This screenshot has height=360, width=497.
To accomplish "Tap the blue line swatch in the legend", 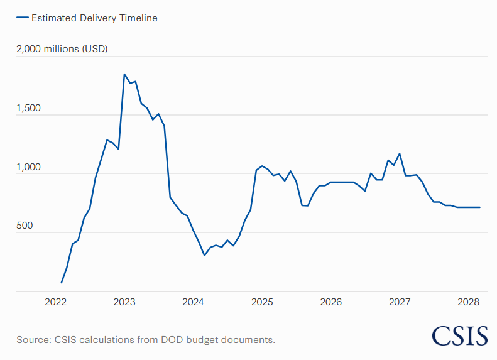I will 22,18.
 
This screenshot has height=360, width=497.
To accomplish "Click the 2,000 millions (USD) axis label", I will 62,49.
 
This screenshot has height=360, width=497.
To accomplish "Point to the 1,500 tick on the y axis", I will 29,108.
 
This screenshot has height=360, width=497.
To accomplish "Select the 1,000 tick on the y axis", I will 29,167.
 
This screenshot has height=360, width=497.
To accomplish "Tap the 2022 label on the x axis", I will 55,302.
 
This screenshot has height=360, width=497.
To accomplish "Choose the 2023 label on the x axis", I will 124,302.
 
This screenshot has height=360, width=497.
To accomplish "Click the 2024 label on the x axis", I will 193,302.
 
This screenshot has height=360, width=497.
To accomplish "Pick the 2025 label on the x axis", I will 262,302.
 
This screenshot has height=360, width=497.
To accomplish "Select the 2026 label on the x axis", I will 330,302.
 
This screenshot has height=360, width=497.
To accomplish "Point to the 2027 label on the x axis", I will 400,302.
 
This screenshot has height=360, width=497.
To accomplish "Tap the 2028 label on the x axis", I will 468,302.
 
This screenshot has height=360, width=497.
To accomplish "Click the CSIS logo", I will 460,335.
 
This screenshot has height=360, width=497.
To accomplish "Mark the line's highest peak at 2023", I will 124,74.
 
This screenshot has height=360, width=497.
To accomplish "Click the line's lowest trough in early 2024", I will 204,255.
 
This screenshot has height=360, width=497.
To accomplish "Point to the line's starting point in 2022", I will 61,283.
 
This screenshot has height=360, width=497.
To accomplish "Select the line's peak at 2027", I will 400,153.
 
